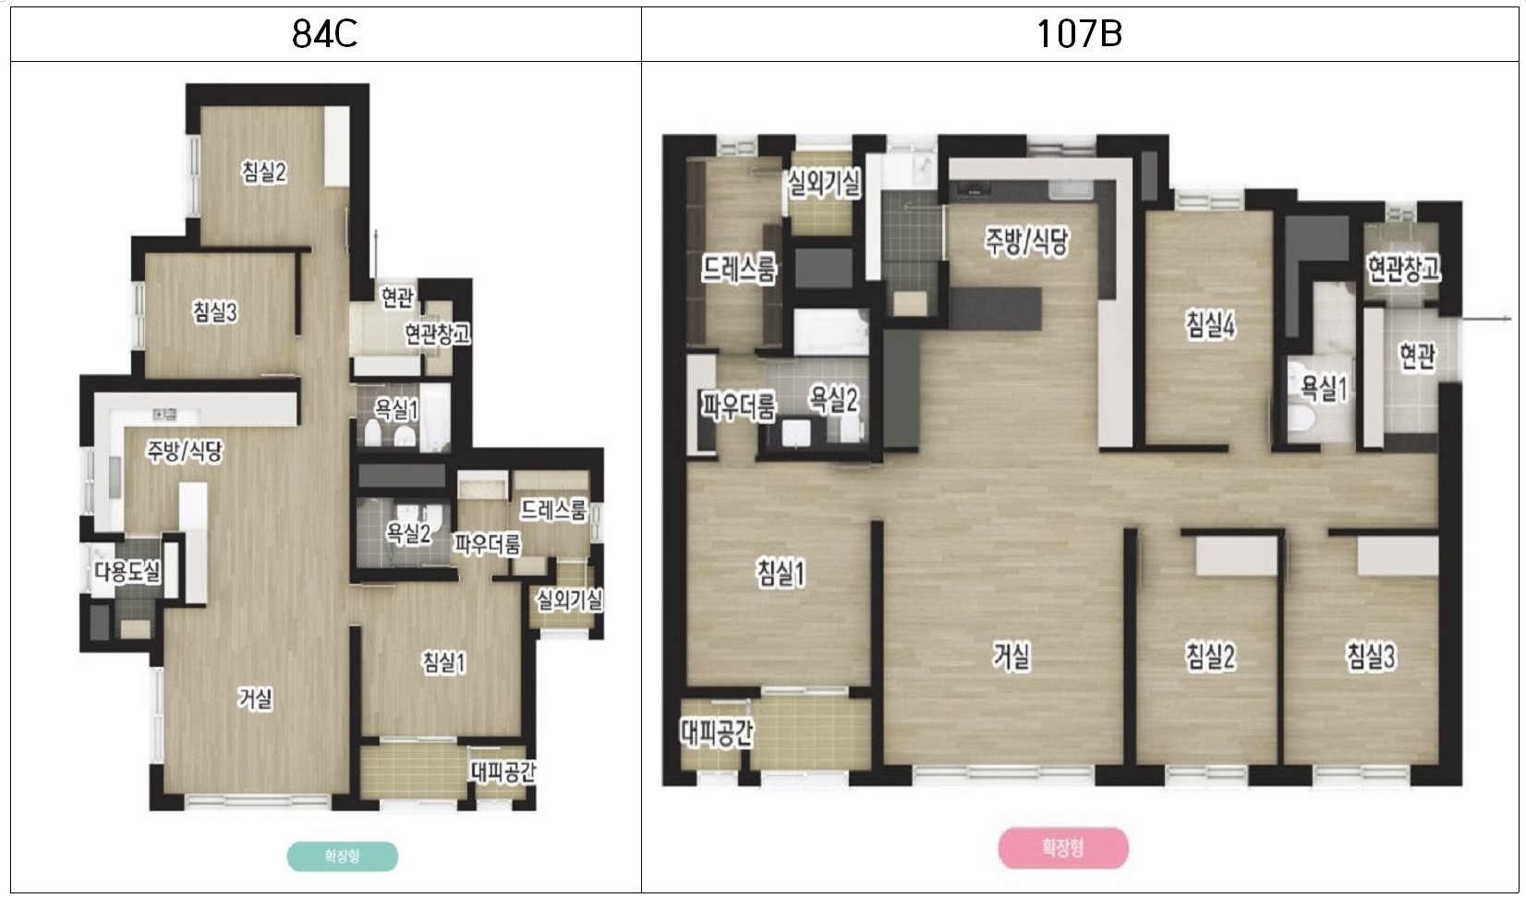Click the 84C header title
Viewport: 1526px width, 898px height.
pyautogui.click(x=324, y=33)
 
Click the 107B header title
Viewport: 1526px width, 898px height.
pyautogui.click(x=1078, y=33)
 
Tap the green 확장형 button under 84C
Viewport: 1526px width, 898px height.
pyautogui.click(x=342, y=856)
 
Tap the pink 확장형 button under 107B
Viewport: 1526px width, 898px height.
pyautogui.click(x=1062, y=848)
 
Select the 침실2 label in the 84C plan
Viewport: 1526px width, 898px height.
pyautogui.click(x=264, y=172)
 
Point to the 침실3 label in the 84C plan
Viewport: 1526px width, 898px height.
pyautogui.click(x=214, y=312)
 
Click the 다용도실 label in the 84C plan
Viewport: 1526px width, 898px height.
pyautogui.click(x=127, y=571)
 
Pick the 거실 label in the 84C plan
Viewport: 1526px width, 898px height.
pyautogui.click(x=256, y=698)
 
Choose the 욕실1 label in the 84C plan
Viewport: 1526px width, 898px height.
pyautogui.click(x=396, y=409)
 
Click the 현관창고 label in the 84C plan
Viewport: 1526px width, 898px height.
pyautogui.click(x=437, y=334)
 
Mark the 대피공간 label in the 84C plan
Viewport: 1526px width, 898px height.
pyautogui.click(x=503, y=772)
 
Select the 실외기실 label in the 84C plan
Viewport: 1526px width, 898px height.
pyautogui.click(x=570, y=601)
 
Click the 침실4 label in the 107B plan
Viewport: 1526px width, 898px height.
pyautogui.click(x=1211, y=325)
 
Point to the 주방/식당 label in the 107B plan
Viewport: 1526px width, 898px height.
pyautogui.click(x=1027, y=241)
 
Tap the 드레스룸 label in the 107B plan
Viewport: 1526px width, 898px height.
pyautogui.click(x=739, y=270)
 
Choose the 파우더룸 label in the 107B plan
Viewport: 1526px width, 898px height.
pyautogui.click(x=739, y=407)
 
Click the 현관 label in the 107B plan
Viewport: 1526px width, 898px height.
pyautogui.click(x=1417, y=356)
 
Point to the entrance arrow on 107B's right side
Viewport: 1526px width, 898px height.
pyautogui.click(x=1485, y=318)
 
